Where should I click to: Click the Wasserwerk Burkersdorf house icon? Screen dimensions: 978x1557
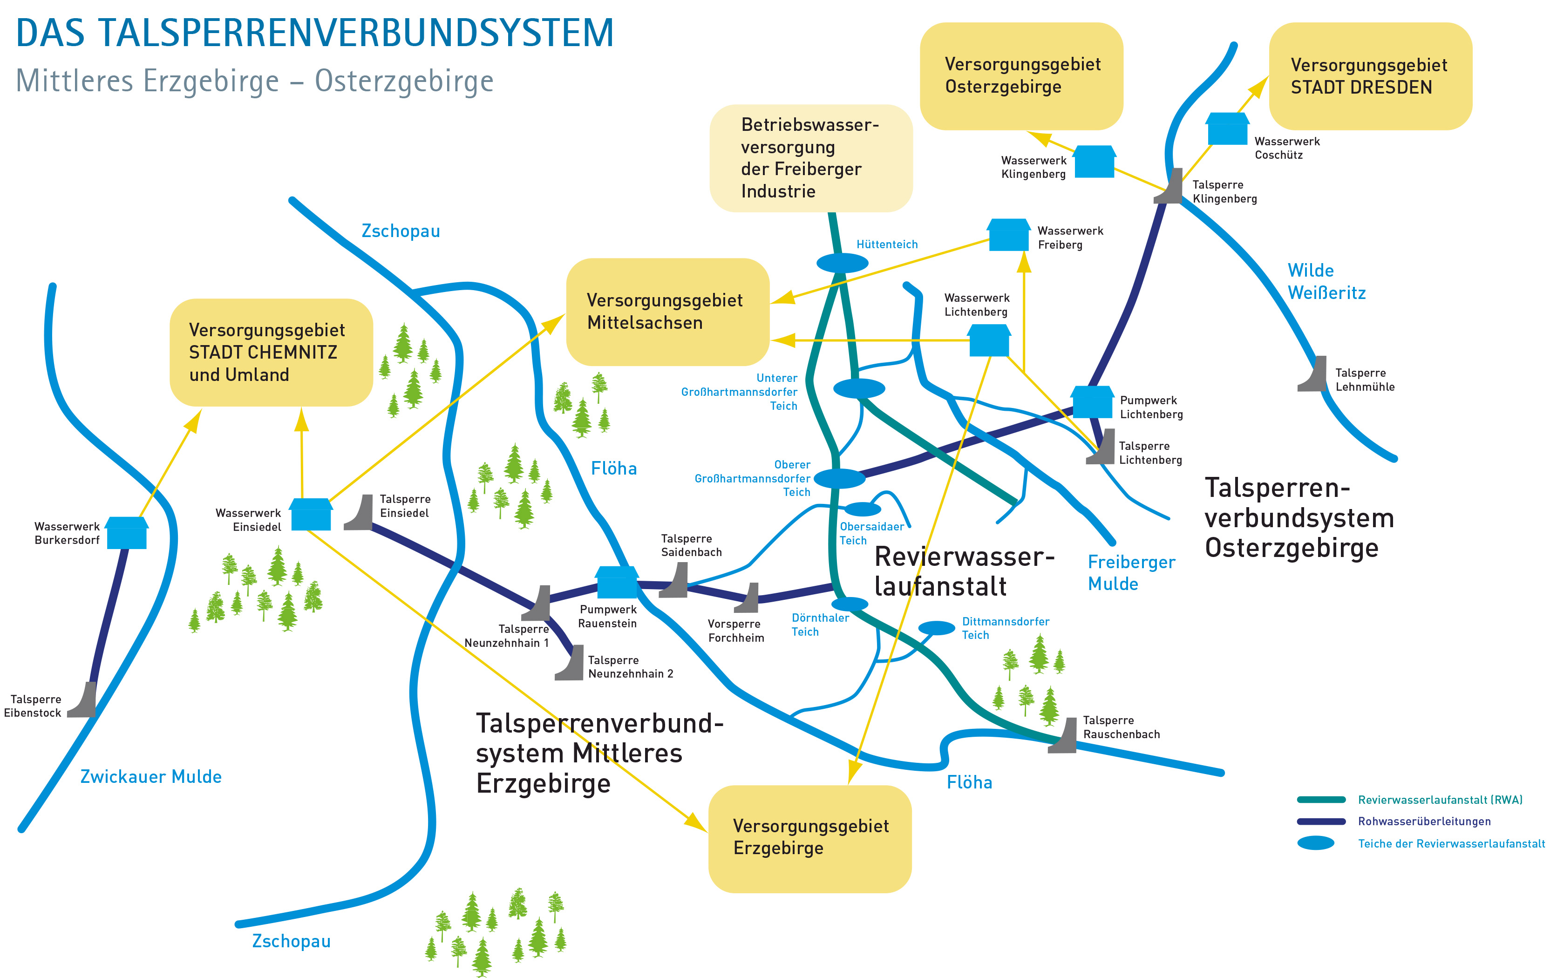click(127, 533)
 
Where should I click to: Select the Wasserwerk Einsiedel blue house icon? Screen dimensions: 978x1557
click(311, 515)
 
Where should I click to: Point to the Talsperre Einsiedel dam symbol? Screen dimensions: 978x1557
click(360, 513)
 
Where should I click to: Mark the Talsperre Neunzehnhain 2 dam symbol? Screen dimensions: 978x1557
click(570, 663)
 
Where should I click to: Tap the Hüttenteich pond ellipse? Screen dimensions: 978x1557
click(842, 263)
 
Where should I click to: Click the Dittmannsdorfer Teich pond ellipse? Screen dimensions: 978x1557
click(936, 628)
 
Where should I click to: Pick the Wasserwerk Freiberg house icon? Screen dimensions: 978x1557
click(1008, 235)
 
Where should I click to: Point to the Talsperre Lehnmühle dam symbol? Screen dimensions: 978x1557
click(1313, 374)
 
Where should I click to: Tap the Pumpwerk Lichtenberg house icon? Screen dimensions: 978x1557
click(1092, 401)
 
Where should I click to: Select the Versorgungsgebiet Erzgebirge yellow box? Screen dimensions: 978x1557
click(809, 838)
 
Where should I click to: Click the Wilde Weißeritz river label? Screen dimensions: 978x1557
click(1326, 282)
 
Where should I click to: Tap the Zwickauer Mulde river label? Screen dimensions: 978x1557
click(150, 776)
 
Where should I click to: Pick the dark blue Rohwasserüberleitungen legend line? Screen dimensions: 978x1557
click(1321, 822)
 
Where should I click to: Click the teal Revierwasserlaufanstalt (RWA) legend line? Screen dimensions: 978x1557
click(1321, 800)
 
